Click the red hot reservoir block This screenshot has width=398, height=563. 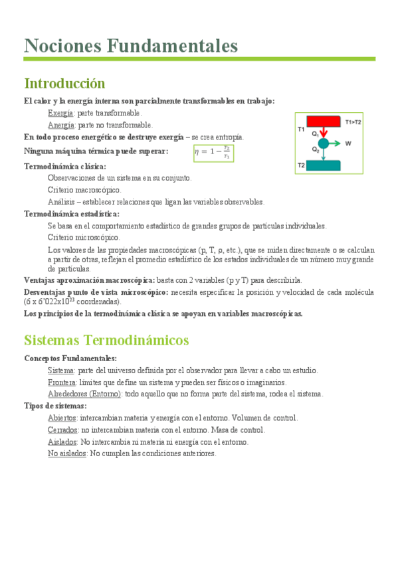[324, 122]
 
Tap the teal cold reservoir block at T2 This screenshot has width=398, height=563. [323, 165]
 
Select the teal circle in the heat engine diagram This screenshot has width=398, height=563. [323, 143]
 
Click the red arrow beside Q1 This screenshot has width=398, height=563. [323, 133]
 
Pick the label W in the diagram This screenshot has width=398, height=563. [348, 143]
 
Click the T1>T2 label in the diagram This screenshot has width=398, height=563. [353, 122]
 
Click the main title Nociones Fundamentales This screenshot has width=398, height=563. [131, 46]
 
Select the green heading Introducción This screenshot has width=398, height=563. [64, 84]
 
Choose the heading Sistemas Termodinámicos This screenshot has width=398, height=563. [106, 340]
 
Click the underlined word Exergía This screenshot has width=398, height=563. [60, 114]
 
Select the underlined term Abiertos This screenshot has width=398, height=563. [62, 418]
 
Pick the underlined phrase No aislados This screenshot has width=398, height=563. [67, 453]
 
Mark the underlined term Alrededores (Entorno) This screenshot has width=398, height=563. [85, 394]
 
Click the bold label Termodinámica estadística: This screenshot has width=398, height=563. [72, 214]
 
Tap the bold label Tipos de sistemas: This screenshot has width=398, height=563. [55, 406]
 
